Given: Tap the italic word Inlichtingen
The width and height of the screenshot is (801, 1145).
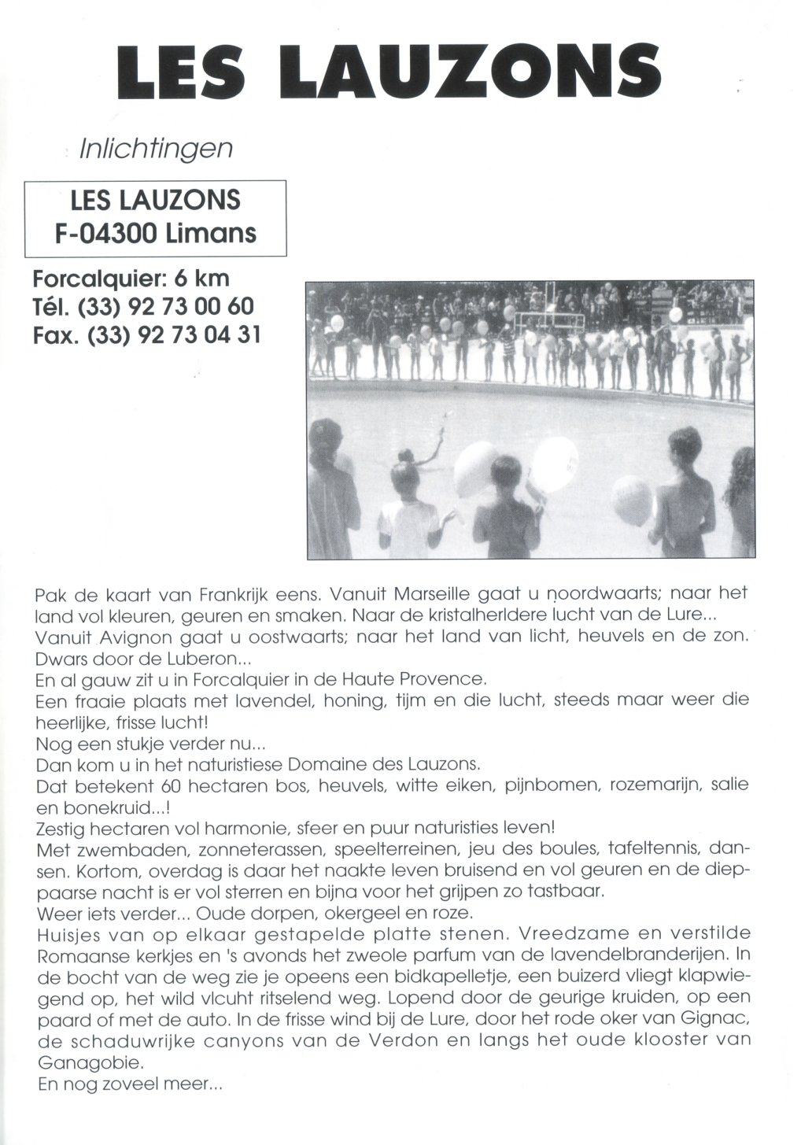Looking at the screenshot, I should tap(157, 149).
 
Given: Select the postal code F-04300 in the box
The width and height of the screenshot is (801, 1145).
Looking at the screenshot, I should tap(109, 234).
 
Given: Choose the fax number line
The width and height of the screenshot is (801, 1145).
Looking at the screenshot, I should tap(146, 334).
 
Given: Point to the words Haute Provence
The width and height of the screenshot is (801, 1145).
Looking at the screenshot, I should tap(423, 678).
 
